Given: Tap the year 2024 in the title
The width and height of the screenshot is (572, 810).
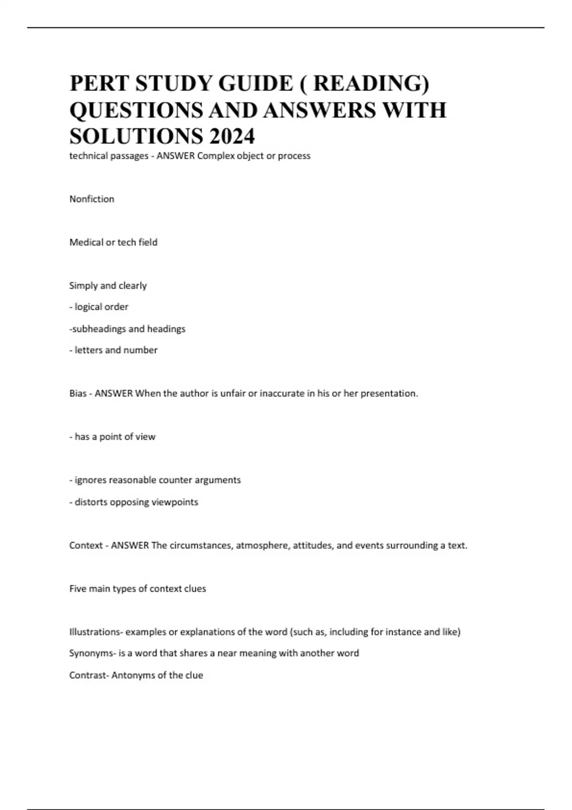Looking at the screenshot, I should [232, 136].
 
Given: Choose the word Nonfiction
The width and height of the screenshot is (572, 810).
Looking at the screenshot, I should [92, 199].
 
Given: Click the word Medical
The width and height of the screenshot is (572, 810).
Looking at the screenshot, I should [86, 243].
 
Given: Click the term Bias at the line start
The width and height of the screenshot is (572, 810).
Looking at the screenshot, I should [78, 394].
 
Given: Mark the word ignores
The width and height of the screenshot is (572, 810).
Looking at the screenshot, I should [91, 480].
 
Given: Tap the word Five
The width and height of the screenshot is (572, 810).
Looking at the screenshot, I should [78, 589].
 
